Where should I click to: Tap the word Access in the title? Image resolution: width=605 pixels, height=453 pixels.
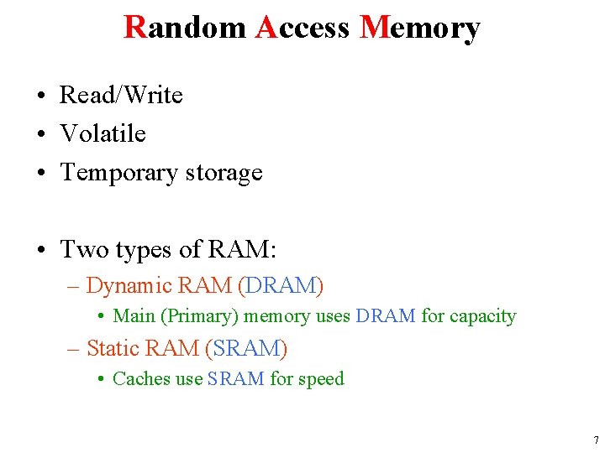click(302, 28)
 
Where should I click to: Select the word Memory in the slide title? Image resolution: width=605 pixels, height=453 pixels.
click(419, 28)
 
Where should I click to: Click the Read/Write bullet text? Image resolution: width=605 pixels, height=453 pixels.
click(121, 96)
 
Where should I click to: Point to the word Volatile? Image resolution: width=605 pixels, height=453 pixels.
click(103, 134)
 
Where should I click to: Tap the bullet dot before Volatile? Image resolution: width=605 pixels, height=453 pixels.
click(41, 134)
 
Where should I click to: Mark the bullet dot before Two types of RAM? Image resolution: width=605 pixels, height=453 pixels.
click(41, 250)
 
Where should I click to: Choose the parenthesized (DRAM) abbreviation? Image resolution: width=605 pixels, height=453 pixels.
click(281, 286)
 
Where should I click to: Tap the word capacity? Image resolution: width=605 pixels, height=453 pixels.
click(482, 316)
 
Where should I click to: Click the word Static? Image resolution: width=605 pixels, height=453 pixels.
click(113, 347)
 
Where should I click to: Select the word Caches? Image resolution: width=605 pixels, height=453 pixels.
click(141, 379)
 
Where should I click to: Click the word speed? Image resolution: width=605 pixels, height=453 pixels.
click(320, 379)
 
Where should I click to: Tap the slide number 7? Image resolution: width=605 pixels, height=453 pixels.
click(595, 440)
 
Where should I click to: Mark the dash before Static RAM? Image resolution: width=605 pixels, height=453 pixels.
click(73, 347)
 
